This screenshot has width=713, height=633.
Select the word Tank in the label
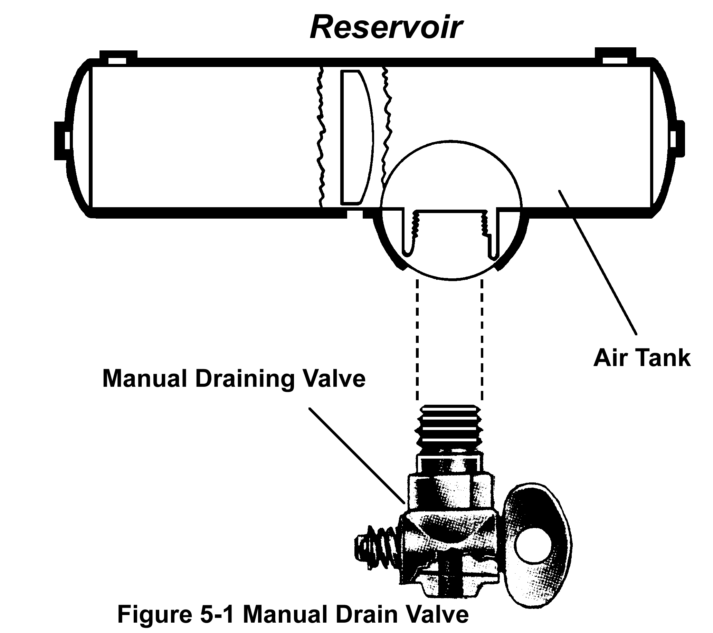[660, 358]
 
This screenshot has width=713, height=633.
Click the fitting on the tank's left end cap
[62, 141]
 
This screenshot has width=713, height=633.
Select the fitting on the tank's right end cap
[677, 139]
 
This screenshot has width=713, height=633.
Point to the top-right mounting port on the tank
[615, 57]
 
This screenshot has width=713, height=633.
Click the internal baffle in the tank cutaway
[356, 137]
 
